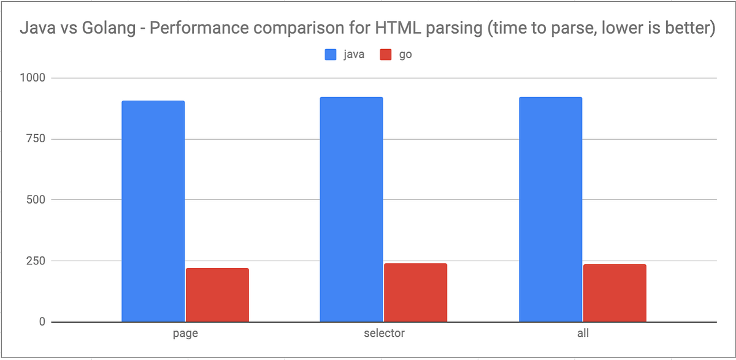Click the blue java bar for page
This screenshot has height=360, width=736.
pos(153,211)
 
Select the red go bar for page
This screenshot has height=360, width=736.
pos(217,295)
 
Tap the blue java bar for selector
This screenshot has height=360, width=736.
pos(351,209)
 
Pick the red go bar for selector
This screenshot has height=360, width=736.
pos(415,293)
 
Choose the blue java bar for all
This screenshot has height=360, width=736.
pos(550,209)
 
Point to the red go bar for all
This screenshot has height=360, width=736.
pos(615,293)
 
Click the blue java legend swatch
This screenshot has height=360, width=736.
pos(331,55)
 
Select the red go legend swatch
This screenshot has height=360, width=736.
pos(386,55)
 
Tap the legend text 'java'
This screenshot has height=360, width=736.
pos(353,55)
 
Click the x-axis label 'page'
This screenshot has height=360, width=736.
pos(185,334)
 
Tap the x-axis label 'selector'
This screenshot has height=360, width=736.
pos(383,334)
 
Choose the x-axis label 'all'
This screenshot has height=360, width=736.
pos(582,334)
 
